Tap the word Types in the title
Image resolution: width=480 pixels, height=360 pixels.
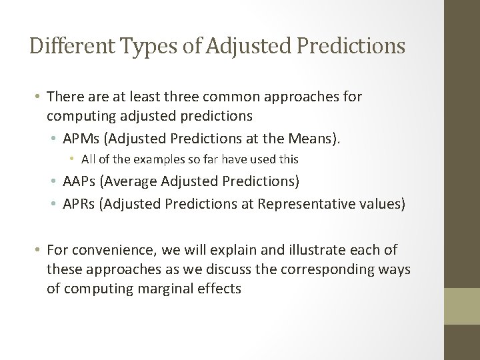coord(138,46)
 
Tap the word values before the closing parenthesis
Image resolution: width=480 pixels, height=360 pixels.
coord(379,203)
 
